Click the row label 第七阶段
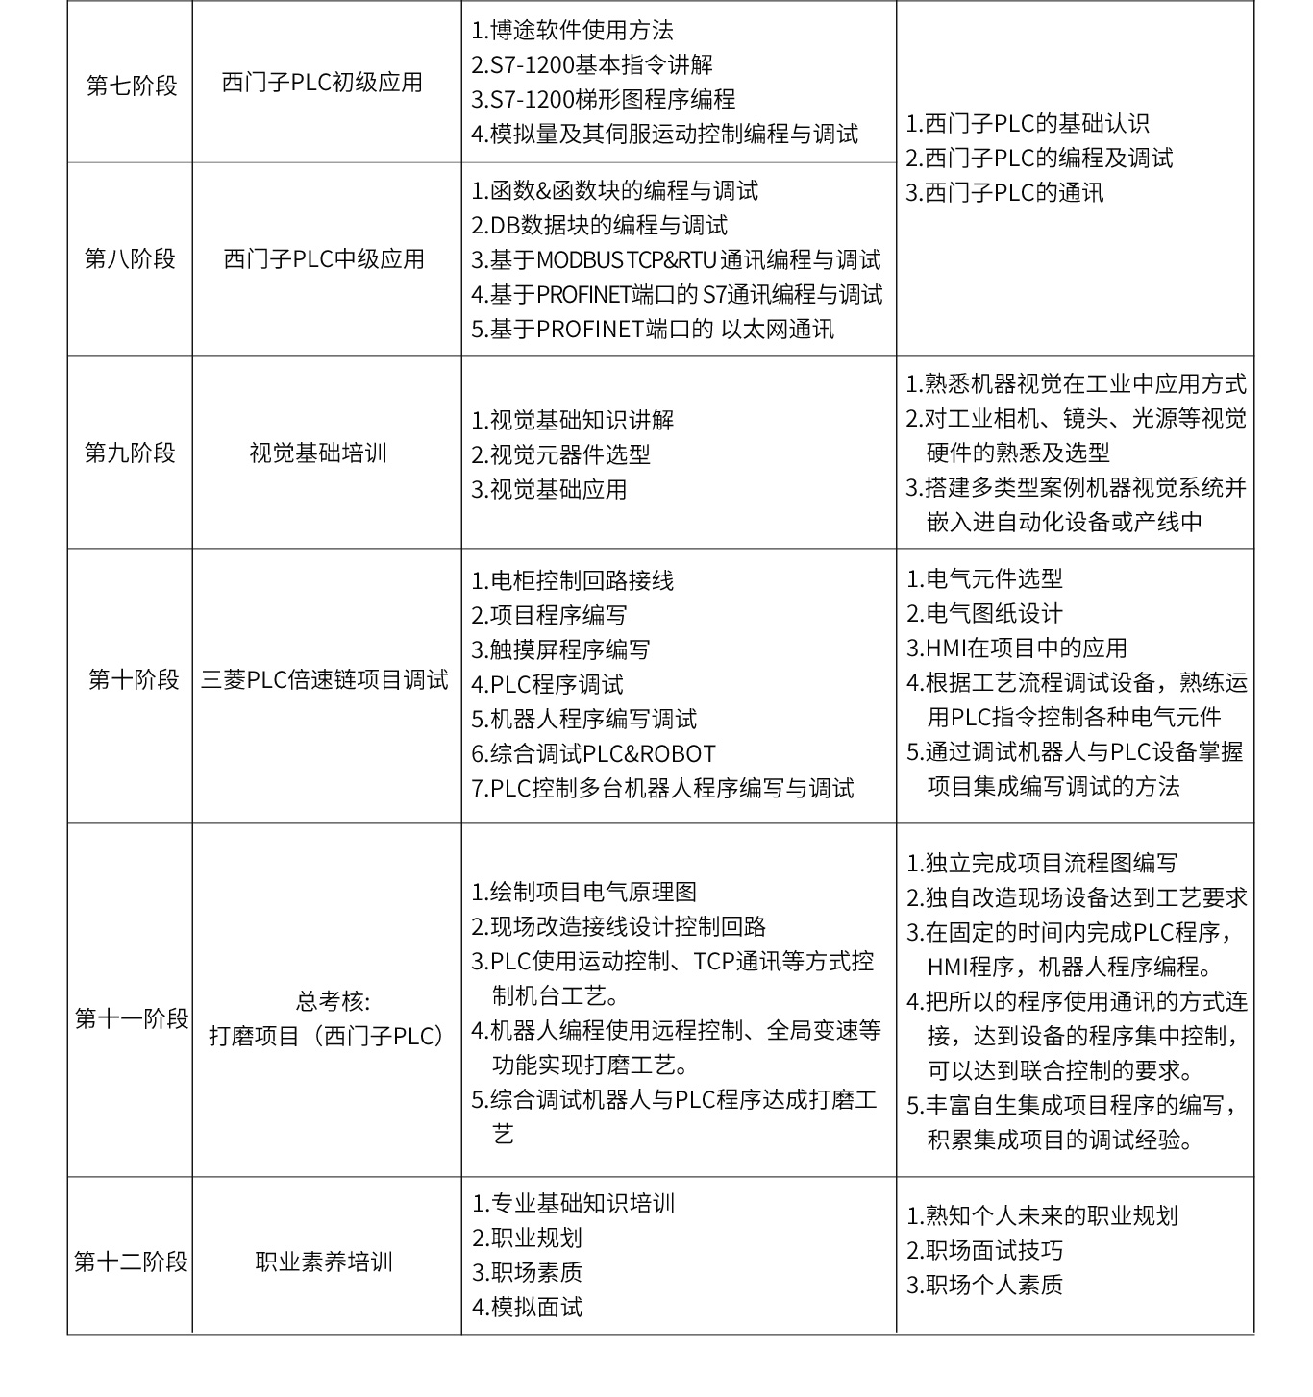point(132,86)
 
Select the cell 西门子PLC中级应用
point(324,259)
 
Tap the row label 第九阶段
point(130,453)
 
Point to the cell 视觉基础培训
point(318,453)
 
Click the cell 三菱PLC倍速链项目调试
point(325,680)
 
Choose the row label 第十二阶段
point(131,1262)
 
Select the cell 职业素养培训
point(324,1262)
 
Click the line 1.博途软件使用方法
point(572,31)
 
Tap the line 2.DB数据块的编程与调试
point(599,226)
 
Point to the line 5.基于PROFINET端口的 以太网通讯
point(652,330)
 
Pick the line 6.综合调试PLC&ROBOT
point(593,754)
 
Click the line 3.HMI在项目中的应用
point(1016,649)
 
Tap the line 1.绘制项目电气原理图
point(583,893)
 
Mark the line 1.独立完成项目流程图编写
point(1041,864)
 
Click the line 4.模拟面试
point(527,1308)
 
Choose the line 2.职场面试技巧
point(984,1251)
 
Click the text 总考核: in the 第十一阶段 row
point(333,1002)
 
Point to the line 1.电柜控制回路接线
point(572,581)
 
